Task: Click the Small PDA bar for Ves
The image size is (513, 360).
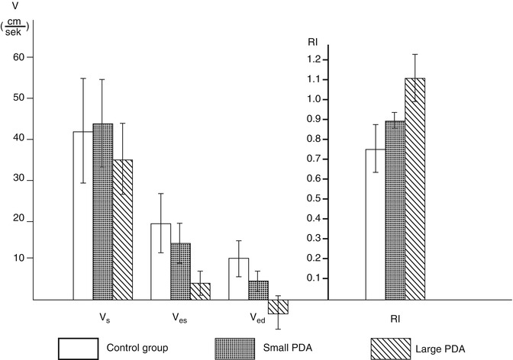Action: coord(180,272)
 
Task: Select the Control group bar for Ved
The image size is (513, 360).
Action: coord(238,279)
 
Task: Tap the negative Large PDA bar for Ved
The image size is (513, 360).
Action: coord(278,307)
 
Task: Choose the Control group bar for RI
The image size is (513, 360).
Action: coord(375,224)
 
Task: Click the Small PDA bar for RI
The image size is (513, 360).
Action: coord(395,211)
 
